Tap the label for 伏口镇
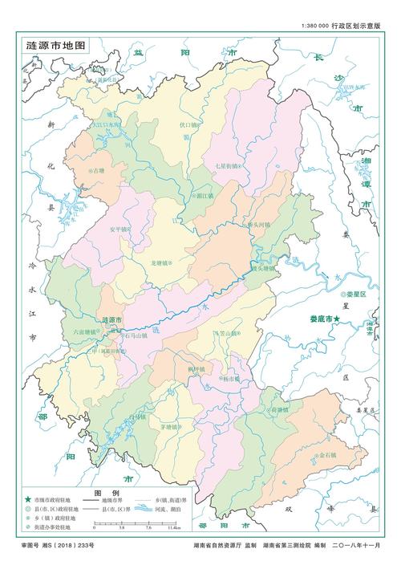pyautogui.click(x=188, y=125)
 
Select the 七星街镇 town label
pyautogui.click(x=227, y=165)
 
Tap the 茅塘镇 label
pyautogui.click(x=172, y=428)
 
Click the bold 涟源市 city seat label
pyautogui.click(x=112, y=320)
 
